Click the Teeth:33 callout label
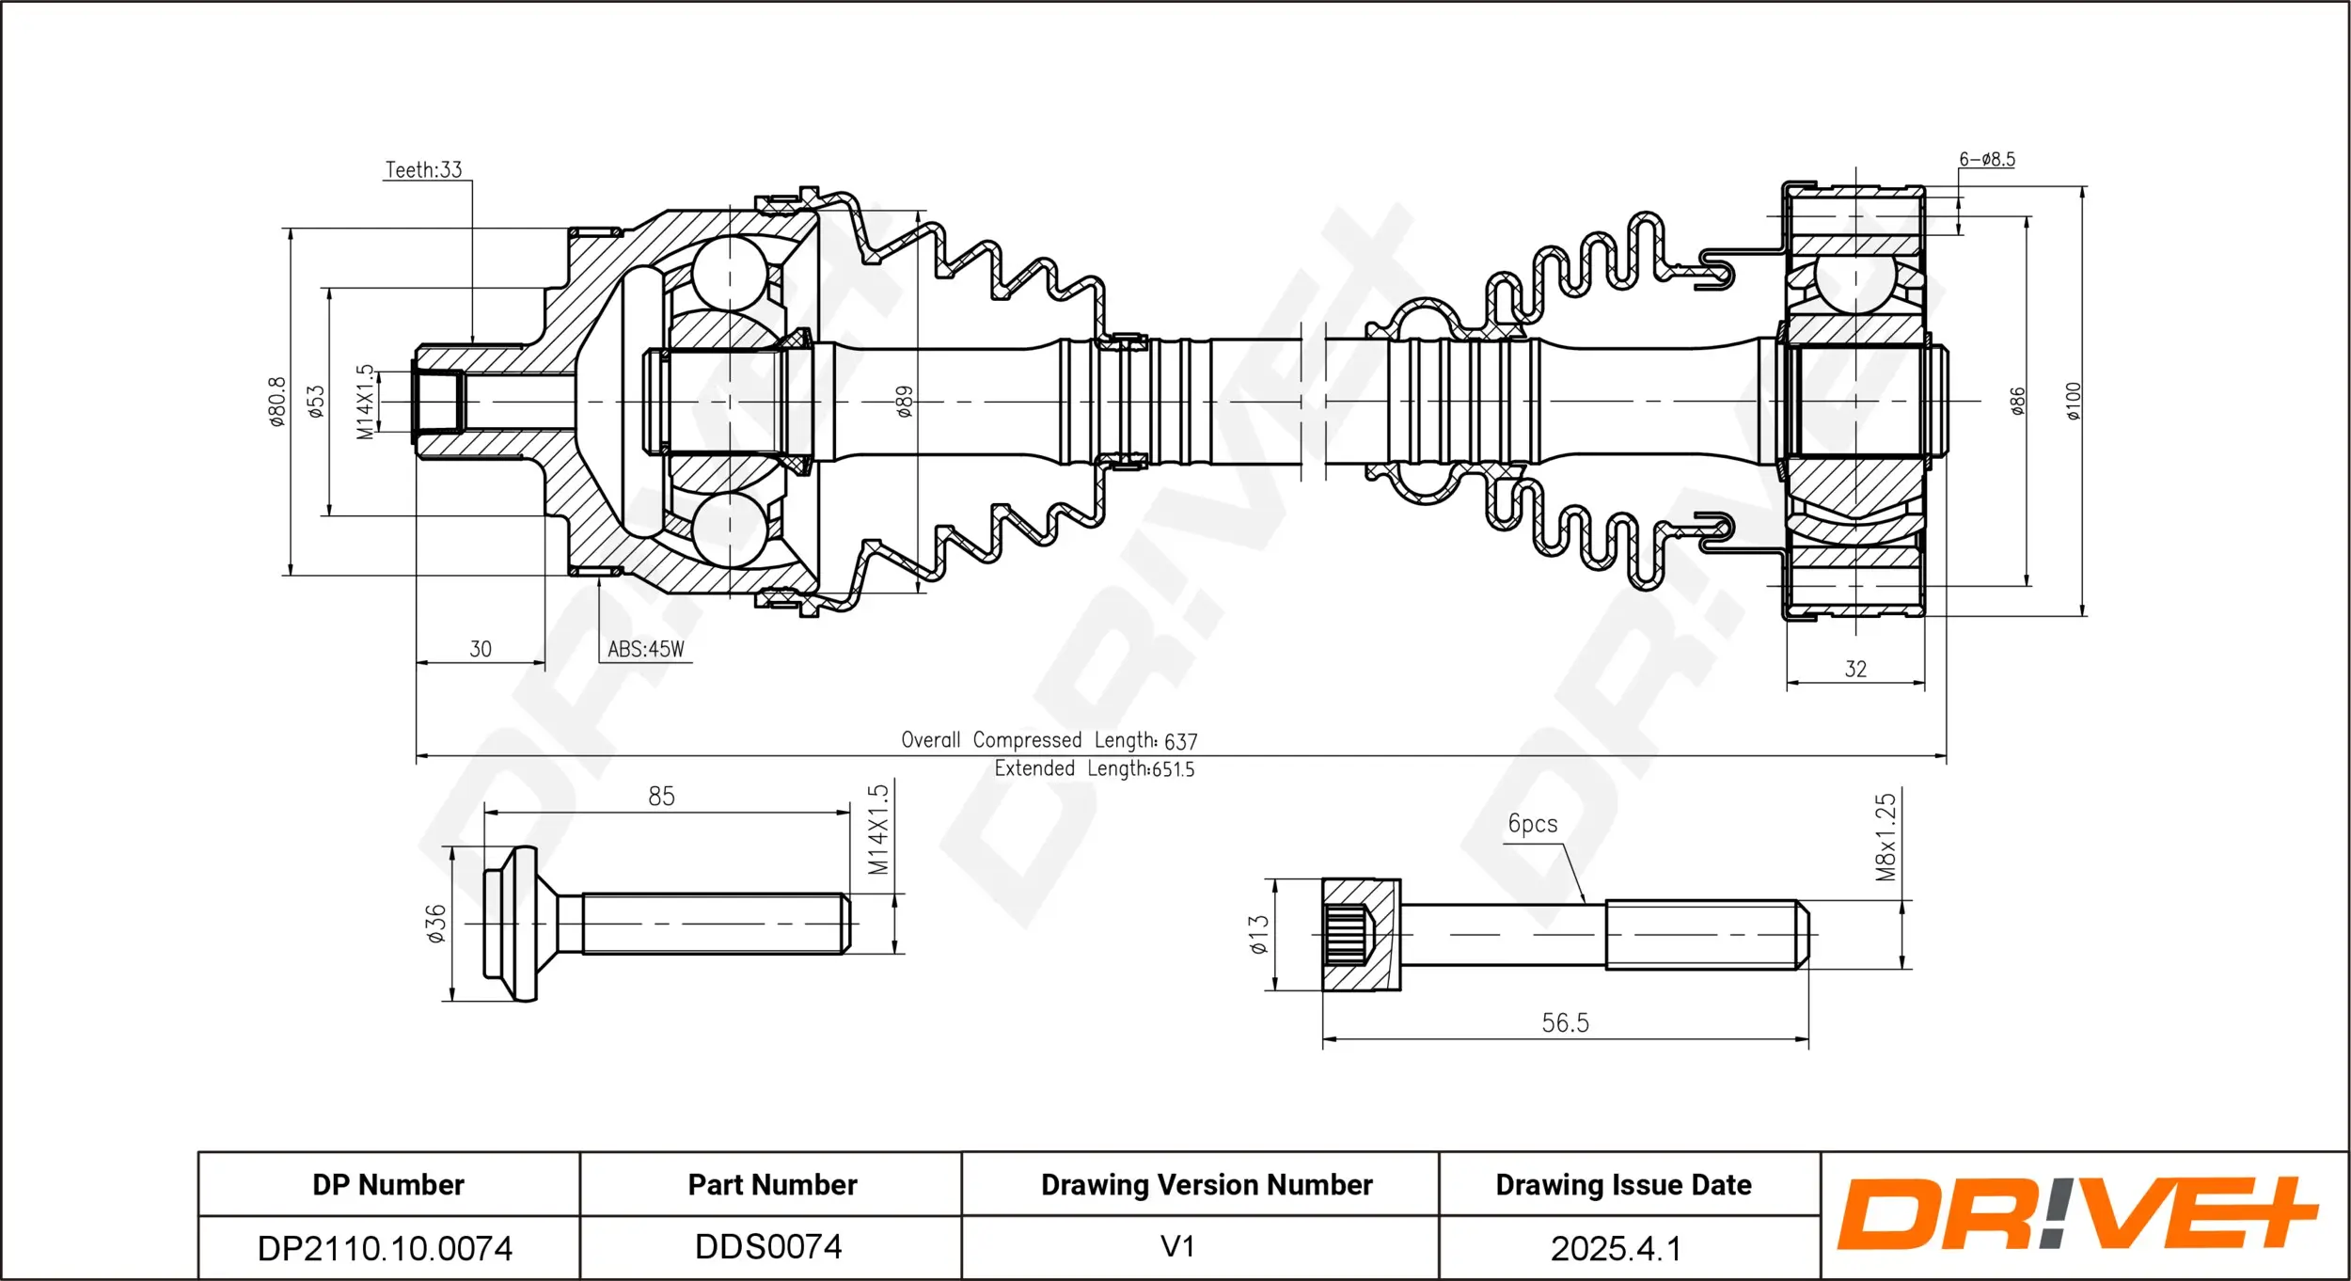pos(424,169)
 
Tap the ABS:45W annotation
pos(646,649)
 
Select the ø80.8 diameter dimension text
pos(277,403)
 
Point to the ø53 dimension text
pos(316,402)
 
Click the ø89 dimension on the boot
pos(904,402)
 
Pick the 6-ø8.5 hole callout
pos(1987,159)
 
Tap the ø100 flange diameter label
pos(2074,402)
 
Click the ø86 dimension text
pos(2017,402)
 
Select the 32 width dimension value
pos(1855,669)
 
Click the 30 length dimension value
pos(481,649)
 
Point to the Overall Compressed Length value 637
pos(1181,742)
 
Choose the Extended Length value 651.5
pos(1174,769)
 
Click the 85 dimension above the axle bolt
pos(661,797)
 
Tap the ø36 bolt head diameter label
pos(435,924)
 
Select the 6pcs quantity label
pos(1533,824)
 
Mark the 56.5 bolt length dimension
pos(1566,1022)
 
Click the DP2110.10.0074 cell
pos(386,1248)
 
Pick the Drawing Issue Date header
pos(1624,1185)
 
